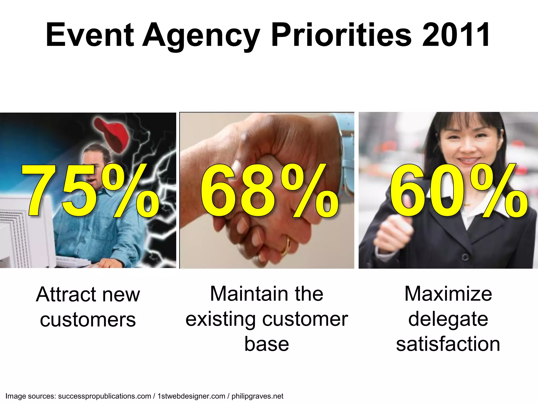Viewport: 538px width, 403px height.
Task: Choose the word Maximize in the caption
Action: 448,294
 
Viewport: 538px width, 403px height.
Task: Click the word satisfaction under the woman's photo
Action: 448,344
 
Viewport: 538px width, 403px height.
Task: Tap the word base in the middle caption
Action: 267,344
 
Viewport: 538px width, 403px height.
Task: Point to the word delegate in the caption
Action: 448,319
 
